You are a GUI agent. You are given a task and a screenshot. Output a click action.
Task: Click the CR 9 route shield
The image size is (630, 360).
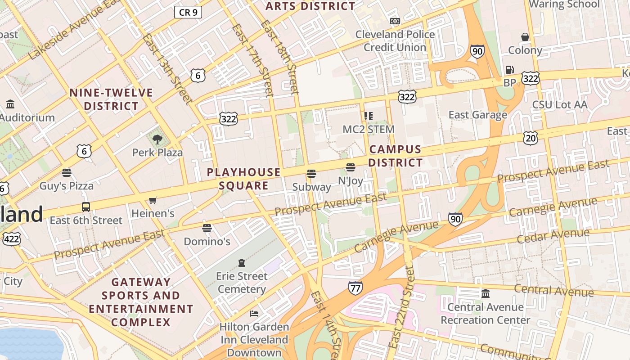tap(188, 12)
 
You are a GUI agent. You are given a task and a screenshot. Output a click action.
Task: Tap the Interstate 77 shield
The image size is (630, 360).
tap(355, 288)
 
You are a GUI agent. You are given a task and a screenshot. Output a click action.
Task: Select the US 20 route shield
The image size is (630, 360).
tap(531, 138)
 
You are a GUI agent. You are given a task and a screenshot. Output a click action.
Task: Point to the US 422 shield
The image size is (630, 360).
tap(11, 238)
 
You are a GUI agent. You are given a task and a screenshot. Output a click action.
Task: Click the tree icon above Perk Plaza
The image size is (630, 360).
tap(157, 139)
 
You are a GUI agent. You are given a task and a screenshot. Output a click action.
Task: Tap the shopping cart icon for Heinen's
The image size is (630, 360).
tap(153, 200)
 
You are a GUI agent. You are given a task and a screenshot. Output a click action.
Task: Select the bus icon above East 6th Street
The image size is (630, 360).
tap(85, 207)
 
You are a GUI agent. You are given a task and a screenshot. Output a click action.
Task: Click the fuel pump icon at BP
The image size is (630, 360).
tap(509, 70)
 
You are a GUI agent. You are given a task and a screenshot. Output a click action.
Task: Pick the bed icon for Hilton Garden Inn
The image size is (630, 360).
tap(254, 313)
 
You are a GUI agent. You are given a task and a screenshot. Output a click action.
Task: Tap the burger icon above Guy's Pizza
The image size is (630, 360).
tap(67, 172)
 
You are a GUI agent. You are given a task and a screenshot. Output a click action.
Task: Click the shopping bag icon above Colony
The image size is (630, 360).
tap(525, 36)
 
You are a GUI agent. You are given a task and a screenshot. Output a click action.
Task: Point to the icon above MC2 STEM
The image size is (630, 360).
tap(369, 116)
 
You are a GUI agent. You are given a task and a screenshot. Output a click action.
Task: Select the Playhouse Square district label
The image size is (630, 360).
tap(243, 179)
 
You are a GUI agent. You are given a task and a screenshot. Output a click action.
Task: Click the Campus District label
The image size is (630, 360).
tap(396, 156)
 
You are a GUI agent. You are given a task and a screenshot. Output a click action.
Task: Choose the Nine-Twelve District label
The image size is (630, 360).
tap(111, 99)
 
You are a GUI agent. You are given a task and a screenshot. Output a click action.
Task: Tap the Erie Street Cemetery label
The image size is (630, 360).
tap(242, 282)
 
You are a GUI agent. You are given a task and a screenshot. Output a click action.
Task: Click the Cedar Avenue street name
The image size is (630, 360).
tap(553, 235)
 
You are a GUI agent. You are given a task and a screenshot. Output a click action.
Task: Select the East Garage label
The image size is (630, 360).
tap(478, 115)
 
